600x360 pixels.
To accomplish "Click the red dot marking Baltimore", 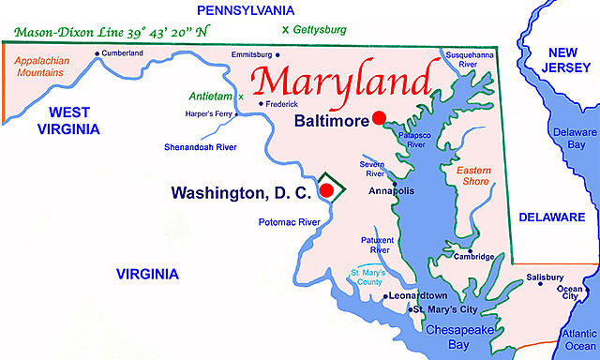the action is (379, 118).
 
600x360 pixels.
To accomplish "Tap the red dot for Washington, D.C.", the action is (326, 190).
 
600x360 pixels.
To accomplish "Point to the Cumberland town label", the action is (122, 52).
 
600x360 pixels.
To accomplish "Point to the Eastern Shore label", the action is (473, 176).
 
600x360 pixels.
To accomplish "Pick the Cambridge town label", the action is (474, 256).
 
